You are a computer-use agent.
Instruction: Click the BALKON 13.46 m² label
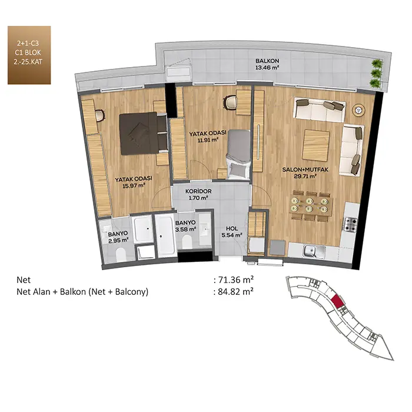tap(267, 64)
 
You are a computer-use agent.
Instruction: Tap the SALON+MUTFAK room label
tap(305, 173)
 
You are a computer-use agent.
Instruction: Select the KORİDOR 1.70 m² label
tap(198, 194)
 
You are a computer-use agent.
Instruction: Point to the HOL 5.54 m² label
tap(232, 232)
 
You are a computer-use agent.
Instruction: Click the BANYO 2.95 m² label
tap(118, 237)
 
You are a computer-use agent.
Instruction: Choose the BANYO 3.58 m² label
tap(185, 225)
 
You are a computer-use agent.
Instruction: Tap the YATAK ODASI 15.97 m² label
tap(134, 182)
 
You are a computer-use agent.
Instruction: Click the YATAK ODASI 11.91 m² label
tap(208, 136)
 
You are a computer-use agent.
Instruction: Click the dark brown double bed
tap(144, 134)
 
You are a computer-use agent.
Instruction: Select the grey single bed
tap(238, 154)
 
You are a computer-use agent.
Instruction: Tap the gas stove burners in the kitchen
tap(351, 224)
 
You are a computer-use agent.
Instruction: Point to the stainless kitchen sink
tap(314, 251)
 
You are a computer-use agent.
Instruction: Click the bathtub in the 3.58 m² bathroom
tap(165, 235)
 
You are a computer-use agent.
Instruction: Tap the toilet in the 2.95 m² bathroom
tap(121, 255)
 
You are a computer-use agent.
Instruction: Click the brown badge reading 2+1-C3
tap(29, 55)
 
